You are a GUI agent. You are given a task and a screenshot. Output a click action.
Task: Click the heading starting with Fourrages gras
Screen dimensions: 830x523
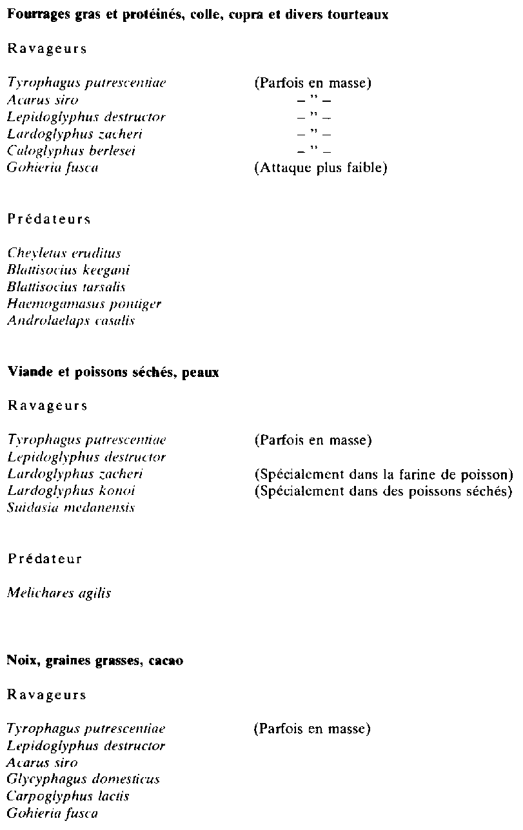click(x=197, y=15)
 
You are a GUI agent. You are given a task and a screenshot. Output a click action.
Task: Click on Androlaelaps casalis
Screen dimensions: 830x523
click(x=71, y=320)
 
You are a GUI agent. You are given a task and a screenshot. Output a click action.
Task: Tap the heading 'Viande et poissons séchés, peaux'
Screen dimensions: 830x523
click(x=113, y=373)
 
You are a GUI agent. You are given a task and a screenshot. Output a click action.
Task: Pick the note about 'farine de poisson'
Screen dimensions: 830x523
click(x=384, y=474)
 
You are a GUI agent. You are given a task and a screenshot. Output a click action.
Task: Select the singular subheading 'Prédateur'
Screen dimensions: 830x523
click(x=44, y=559)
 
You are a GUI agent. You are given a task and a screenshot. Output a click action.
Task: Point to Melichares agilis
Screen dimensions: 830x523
click(x=59, y=594)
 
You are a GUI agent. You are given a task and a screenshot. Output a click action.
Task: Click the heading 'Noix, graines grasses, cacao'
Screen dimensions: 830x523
click(x=95, y=661)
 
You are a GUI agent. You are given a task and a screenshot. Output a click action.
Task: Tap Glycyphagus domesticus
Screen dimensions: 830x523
click(x=83, y=779)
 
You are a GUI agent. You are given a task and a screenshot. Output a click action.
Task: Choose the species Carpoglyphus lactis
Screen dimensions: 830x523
click(x=68, y=796)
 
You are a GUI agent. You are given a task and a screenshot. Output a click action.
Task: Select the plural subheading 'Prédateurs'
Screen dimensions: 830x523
click(x=48, y=219)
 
